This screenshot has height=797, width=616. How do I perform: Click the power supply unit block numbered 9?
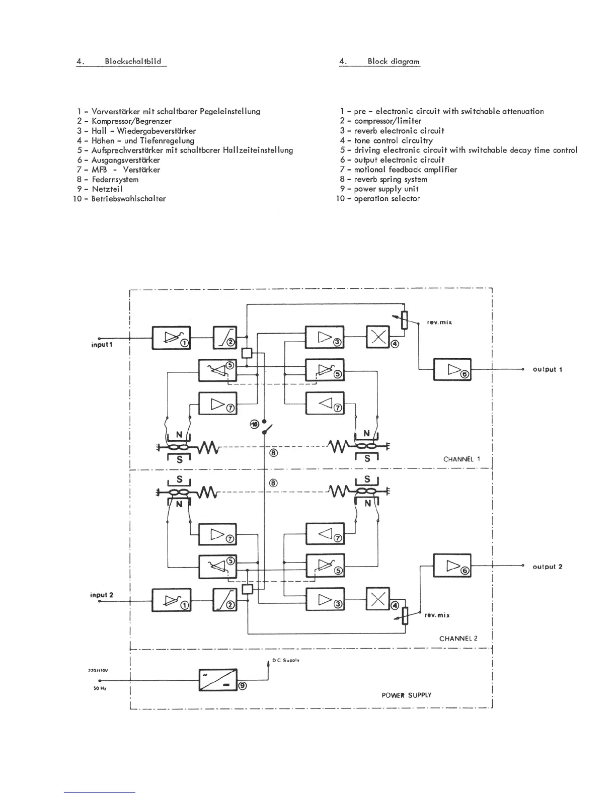click(x=218, y=680)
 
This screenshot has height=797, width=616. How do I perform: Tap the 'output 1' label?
click(x=547, y=369)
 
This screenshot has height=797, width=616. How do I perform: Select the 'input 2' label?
click(x=102, y=595)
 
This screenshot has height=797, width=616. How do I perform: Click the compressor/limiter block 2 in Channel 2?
click(x=225, y=600)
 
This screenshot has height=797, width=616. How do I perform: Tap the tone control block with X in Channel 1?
click(x=377, y=338)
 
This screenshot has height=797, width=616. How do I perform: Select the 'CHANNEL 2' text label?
click(x=458, y=638)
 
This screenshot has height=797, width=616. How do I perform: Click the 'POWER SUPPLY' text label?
click(x=406, y=695)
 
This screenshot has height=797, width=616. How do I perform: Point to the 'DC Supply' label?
click(x=286, y=660)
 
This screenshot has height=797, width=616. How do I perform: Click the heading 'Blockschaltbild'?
click(x=133, y=61)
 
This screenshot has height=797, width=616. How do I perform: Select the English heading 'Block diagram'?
click(x=393, y=61)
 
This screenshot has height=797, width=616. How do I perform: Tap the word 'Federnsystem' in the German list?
click(x=115, y=179)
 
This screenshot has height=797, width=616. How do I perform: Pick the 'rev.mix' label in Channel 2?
click(x=437, y=615)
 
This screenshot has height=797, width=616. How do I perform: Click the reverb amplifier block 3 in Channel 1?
click(x=325, y=338)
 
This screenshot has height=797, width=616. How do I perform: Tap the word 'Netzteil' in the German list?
click(x=107, y=189)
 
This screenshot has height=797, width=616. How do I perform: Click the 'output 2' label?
click(x=547, y=567)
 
